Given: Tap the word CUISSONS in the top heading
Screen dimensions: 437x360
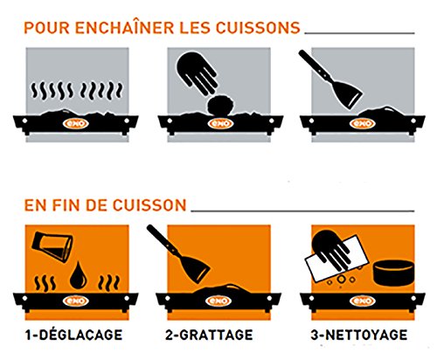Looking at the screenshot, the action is pos(258,28).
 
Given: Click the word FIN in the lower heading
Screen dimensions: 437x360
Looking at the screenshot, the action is pos(66,205).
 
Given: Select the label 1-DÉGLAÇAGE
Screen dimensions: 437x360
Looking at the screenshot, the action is pos(73,335).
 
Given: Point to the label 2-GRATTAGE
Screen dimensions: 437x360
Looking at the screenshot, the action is pos(209,335).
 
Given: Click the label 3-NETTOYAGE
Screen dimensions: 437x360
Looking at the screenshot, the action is pos(359,335).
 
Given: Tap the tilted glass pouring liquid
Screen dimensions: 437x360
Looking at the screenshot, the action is pos(52,246).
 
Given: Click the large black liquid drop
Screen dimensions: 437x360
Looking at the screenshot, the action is pos(78,275).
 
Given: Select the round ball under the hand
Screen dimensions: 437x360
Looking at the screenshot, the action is pos(220,106).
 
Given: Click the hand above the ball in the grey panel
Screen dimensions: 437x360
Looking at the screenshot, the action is pos(198,73).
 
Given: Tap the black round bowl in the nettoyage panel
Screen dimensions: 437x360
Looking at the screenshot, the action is pos(393,273).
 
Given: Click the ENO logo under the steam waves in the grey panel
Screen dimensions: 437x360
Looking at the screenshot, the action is pos(75,123).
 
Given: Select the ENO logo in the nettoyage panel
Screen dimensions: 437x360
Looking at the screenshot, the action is pos(362,301).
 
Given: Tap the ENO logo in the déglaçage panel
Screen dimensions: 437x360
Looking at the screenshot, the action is pos(75,301).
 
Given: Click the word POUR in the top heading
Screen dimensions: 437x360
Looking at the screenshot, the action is pos(46,28).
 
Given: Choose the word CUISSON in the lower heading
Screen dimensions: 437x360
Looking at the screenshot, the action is pos(149,205).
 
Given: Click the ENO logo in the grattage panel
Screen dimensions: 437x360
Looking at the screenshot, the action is pos(218,301).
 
